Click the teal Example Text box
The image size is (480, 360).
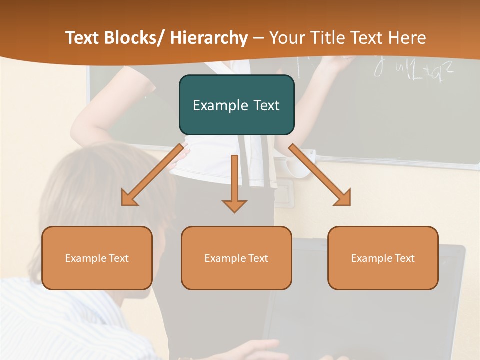pos(236,105)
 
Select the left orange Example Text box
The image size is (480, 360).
pos(97,258)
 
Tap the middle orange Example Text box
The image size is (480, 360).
pos(236,258)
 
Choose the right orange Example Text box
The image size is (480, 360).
pos(383,258)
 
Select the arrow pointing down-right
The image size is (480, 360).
pos(320,175)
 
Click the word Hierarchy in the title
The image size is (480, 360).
pos(209,38)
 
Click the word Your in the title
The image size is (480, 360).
pos(286,38)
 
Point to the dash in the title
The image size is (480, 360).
pos(258,38)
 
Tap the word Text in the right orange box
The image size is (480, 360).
pos(404,258)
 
